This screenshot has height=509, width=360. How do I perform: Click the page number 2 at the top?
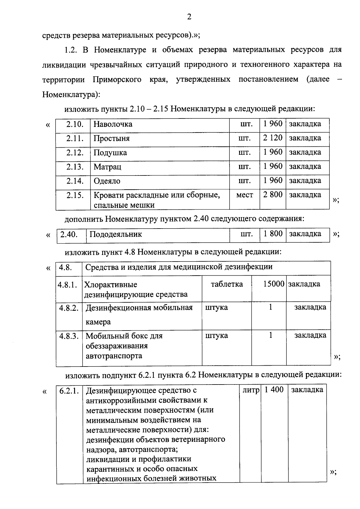[x=189, y=17]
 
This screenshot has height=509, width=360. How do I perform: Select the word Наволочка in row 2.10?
[x=113, y=124]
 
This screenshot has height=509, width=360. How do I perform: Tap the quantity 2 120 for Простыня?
[x=273, y=138]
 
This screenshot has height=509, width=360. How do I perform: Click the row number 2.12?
[x=75, y=153]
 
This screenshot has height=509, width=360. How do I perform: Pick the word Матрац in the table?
[x=107, y=167]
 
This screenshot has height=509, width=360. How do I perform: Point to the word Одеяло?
[x=107, y=181]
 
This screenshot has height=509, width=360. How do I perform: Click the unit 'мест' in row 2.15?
[x=244, y=195]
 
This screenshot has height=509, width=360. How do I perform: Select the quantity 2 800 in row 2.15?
[x=273, y=195]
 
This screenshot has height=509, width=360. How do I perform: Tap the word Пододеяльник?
[x=115, y=234]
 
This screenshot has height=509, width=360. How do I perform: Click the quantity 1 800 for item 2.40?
[x=273, y=234]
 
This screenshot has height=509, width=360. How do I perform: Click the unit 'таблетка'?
[x=227, y=284]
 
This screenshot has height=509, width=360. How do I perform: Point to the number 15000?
[x=274, y=284]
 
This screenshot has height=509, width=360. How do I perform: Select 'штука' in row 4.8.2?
[x=216, y=307]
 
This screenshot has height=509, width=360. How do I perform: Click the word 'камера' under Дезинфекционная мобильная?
[x=98, y=322]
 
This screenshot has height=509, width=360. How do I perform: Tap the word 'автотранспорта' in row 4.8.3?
[x=114, y=356]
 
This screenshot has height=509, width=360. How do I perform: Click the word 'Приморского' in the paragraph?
[x=117, y=79]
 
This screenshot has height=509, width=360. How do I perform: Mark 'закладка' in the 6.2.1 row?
[x=307, y=390]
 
